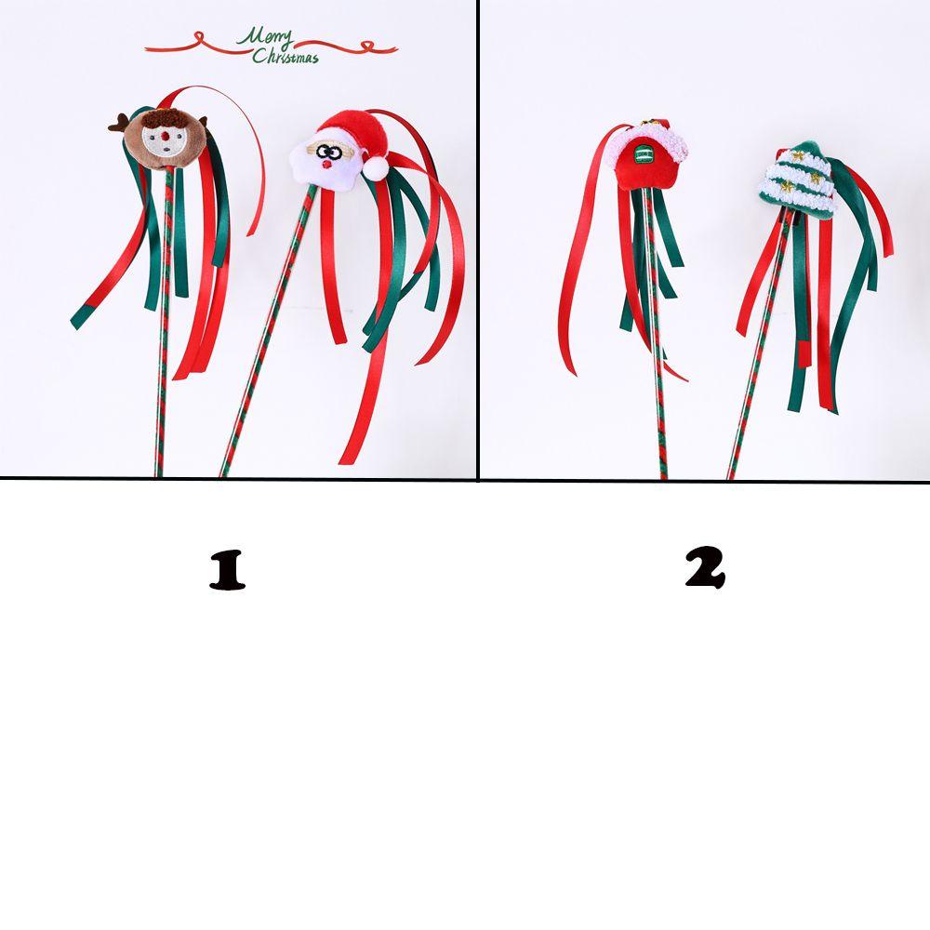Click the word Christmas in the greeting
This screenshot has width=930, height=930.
tap(286, 57)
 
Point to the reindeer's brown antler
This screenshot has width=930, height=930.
tap(120, 122)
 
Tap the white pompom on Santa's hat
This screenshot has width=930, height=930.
tap(374, 167)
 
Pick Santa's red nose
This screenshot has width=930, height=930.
tap(326, 164)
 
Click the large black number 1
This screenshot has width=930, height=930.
tap(227, 571)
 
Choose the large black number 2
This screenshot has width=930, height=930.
tap(704, 568)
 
